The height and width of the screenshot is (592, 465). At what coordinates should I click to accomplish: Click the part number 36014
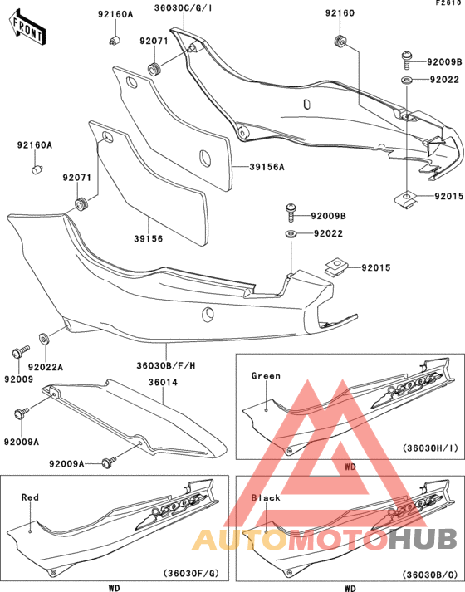[163, 383]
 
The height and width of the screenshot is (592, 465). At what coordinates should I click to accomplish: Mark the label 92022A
[46, 366]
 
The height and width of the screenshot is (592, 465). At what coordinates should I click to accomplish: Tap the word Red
[30, 497]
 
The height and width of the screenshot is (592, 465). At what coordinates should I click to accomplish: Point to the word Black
[265, 498]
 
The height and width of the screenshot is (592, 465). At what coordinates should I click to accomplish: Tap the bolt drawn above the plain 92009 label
[17, 354]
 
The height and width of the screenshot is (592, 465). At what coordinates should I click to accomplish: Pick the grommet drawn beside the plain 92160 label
[339, 42]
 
